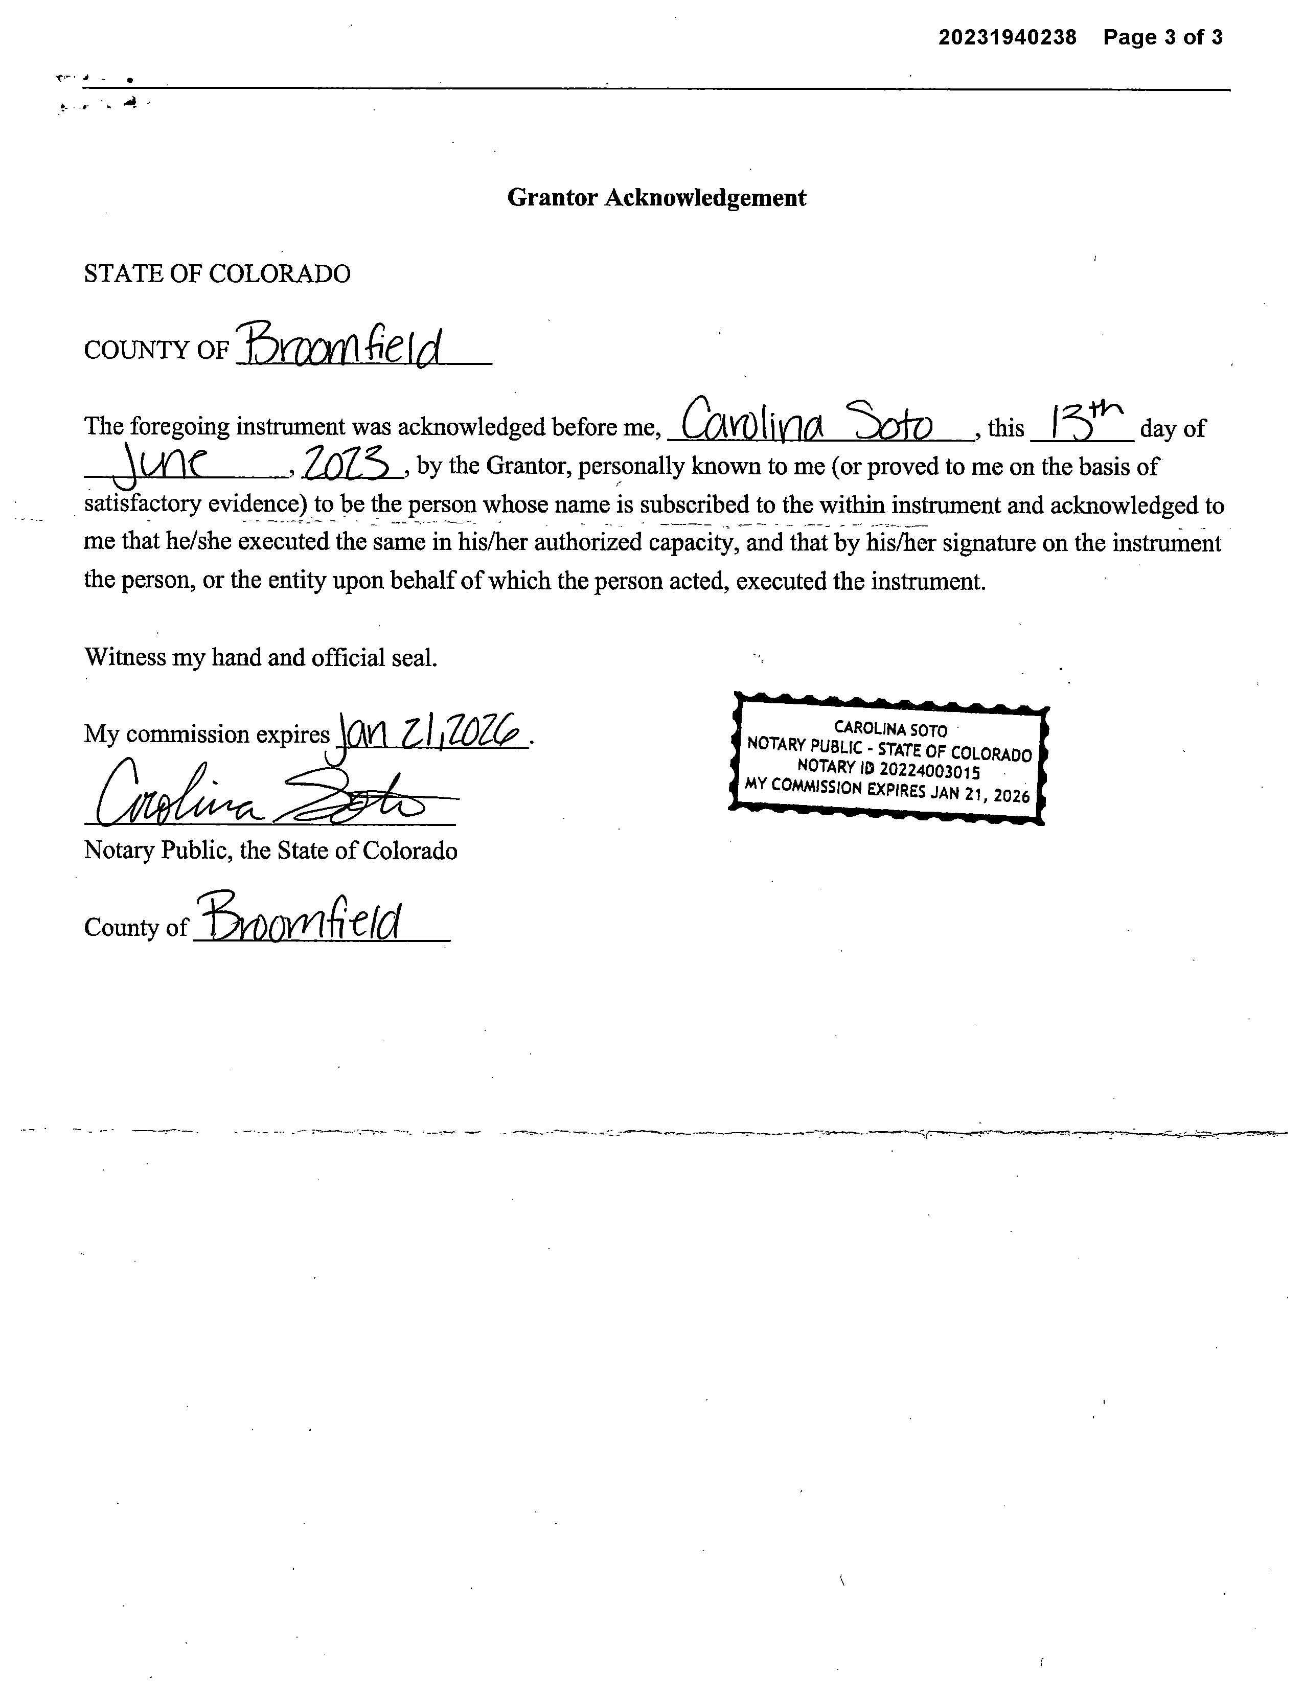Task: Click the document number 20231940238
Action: click(1007, 37)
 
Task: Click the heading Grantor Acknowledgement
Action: click(656, 198)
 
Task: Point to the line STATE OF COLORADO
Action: click(217, 274)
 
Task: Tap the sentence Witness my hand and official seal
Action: click(261, 658)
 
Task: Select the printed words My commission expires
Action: click(207, 734)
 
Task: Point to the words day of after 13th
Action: click(1172, 428)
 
